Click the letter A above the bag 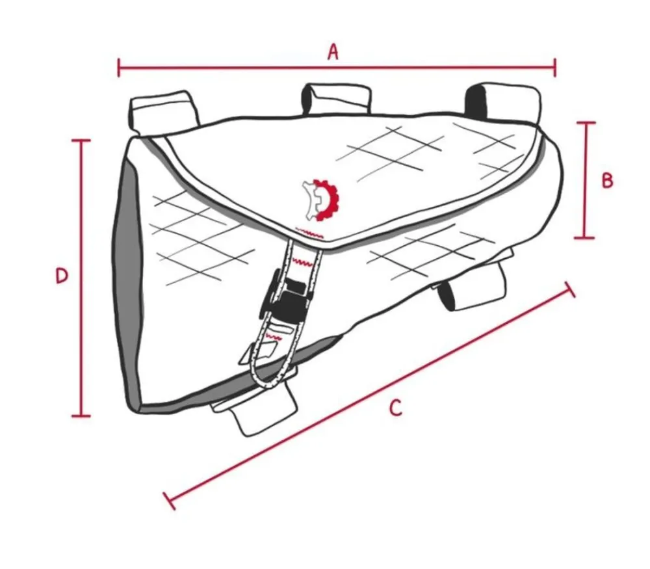[x=333, y=52]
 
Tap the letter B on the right [x=607, y=181]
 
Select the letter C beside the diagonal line [x=396, y=408]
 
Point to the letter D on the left [x=62, y=276]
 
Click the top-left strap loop [x=164, y=111]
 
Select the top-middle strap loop [x=337, y=99]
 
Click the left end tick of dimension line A [x=119, y=68]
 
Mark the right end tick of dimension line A [x=554, y=67]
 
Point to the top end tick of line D [x=81, y=141]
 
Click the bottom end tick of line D [x=81, y=415]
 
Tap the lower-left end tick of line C [x=170, y=501]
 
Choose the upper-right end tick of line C [x=569, y=289]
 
